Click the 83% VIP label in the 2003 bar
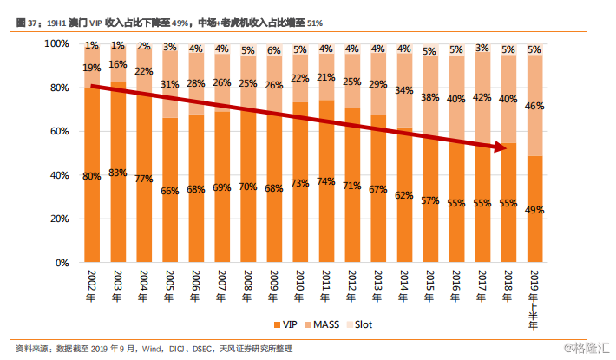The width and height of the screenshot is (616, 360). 118,173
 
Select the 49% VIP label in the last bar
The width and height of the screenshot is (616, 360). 534,209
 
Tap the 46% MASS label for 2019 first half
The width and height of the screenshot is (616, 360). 534,106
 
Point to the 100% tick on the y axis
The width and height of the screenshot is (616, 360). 57,43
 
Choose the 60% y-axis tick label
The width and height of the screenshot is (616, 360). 60,131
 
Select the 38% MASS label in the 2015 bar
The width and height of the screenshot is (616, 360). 430,97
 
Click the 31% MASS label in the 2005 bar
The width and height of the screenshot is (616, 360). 170,84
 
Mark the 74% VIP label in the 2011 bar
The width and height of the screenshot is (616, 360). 326,181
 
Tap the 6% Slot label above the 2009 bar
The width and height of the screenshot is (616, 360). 274,50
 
